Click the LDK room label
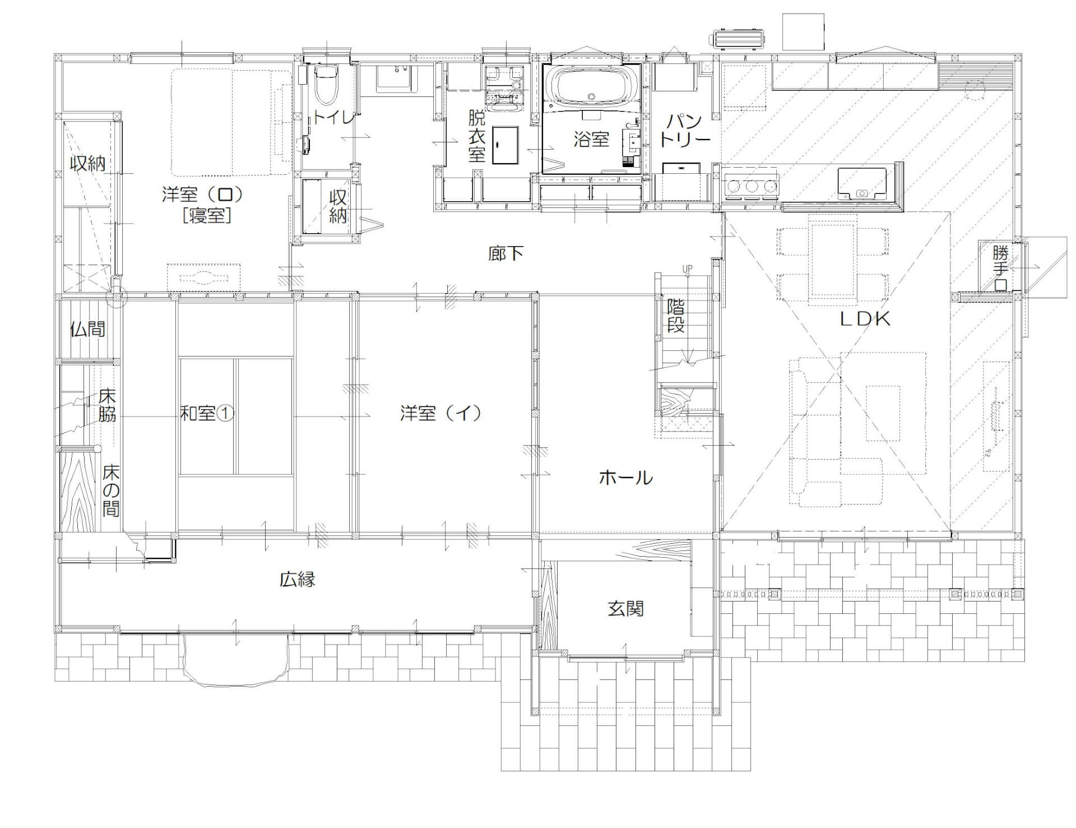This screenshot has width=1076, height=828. [x=864, y=319]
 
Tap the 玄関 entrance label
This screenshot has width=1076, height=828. [x=625, y=609]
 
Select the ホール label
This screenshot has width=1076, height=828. [x=626, y=478]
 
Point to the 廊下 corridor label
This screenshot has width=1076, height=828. [x=505, y=253]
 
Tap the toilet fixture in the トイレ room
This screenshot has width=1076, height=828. [x=324, y=84]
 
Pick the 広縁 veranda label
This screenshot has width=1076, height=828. [x=298, y=579]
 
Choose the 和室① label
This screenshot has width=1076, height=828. [x=206, y=414]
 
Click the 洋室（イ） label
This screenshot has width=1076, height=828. [x=441, y=414]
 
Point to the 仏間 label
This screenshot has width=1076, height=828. [x=88, y=329]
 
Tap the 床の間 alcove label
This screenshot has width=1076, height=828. [x=111, y=491]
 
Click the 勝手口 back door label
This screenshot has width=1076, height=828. [x=1000, y=269]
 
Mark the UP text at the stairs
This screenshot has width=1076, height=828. [x=687, y=269]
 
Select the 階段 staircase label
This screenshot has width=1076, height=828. [x=676, y=316]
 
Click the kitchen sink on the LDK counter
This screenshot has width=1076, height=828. [x=861, y=184]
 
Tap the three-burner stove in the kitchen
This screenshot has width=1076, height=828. [x=752, y=186]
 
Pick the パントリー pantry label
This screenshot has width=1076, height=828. [x=685, y=131]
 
